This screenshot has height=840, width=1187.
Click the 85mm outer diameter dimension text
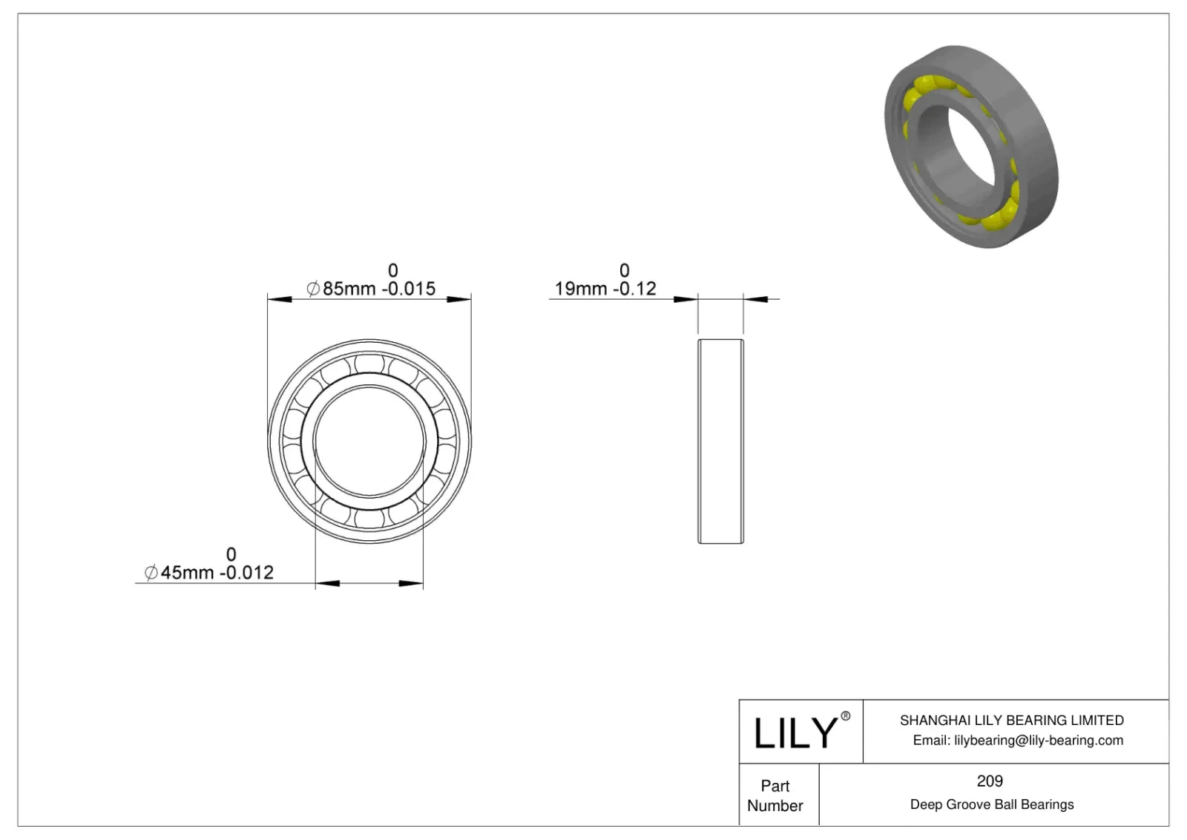coord(349,289)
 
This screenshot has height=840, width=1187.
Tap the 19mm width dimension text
coord(579,289)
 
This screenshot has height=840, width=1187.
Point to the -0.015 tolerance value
coord(409,289)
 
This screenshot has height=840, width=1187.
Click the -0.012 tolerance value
coord(248,573)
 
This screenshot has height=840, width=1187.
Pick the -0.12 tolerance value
coord(633,289)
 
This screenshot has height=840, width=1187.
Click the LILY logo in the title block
coord(795,733)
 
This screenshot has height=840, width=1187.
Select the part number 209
coord(990,781)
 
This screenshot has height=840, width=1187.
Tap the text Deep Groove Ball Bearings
coord(991,804)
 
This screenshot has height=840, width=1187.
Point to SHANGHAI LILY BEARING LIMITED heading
coord(1011,720)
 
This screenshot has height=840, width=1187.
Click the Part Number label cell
coord(775,795)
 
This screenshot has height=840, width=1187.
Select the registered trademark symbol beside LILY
coord(846,716)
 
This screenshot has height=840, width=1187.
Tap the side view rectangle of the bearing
coord(720,441)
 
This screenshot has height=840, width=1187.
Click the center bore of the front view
coord(369,441)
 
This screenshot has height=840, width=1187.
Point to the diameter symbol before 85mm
coord(313,289)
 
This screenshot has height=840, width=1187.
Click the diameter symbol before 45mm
coord(151,573)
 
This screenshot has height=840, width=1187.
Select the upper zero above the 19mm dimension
coord(624,270)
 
